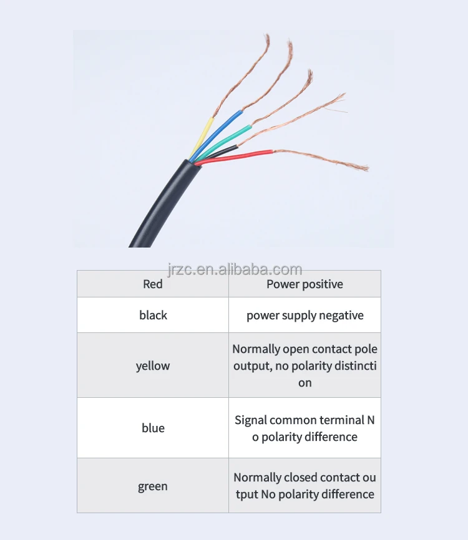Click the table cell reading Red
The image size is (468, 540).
tap(153, 284)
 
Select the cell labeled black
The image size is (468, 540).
tap(153, 316)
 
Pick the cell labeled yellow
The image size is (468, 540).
tap(153, 366)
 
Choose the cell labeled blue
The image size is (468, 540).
tap(153, 428)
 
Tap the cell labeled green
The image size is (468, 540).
tap(153, 486)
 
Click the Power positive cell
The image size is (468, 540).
tap(305, 284)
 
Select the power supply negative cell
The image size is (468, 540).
tap(305, 316)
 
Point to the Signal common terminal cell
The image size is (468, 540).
tap(305, 428)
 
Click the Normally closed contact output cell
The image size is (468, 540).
tap(305, 486)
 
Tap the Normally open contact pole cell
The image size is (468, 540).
tap(305, 366)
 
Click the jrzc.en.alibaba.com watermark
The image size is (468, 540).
tap(235, 270)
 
